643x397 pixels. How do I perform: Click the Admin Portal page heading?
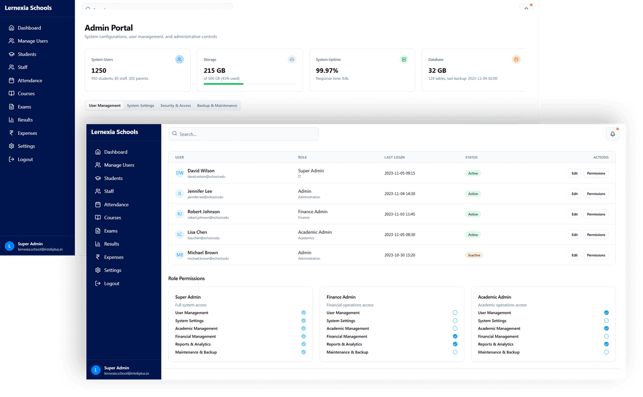pos(109,28)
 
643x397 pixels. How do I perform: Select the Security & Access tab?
pos(175,106)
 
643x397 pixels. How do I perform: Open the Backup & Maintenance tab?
pos(217,106)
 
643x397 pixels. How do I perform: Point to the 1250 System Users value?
pos(99,70)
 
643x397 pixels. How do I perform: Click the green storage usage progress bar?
pos(223,84)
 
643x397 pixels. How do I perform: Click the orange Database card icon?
pos(516,59)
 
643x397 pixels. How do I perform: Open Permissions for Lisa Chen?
pos(595,235)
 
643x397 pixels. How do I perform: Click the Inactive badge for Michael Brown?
pos(474,255)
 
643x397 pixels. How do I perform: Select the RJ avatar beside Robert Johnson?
pos(180,214)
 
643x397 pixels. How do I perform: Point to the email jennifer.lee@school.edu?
pos(205,197)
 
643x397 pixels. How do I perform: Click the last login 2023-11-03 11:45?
pos(400,214)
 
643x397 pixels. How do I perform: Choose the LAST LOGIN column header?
pos(394,158)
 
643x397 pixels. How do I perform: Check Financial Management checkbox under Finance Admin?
pos(455,336)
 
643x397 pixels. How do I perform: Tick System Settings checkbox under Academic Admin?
pos(606,320)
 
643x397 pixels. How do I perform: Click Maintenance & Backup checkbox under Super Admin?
pos(303,352)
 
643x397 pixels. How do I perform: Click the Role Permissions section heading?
pos(186,279)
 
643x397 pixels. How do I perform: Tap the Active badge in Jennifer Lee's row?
pos(473,194)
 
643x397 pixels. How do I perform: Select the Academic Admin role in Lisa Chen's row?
pos(315,232)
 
